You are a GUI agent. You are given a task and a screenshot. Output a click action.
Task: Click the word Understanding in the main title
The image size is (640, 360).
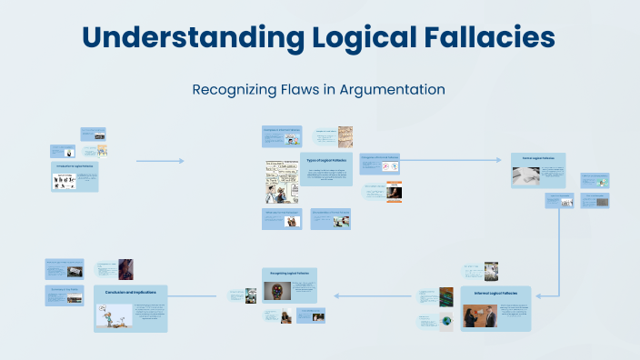coord(186,37)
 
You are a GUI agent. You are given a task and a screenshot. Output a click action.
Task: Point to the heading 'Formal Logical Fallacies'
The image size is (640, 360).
coord(536,158)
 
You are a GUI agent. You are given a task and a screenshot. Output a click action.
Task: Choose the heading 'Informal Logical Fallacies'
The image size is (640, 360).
coord(495,293)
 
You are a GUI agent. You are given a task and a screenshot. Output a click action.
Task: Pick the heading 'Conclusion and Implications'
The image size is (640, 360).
coord(131,292)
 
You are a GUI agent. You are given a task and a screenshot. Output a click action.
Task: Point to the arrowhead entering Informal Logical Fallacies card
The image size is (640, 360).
coord(539,294)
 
